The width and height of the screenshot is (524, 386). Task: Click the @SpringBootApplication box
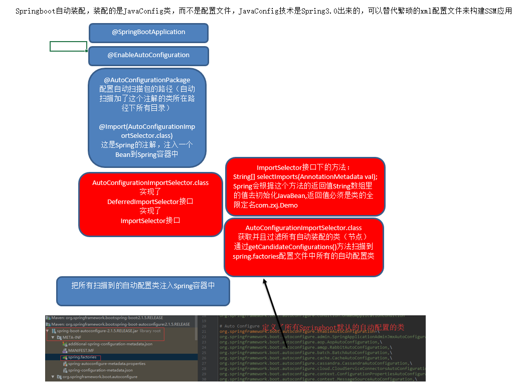[x=148, y=32]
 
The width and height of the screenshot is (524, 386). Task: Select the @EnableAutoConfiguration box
[x=148, y=55]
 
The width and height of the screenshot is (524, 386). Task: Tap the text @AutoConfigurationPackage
[x=147, y=80]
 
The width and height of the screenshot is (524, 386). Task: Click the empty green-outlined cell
[x=68, y=47]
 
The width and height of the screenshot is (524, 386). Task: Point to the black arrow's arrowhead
[x=265, y=282]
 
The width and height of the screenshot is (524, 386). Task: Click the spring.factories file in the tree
[x=81, y=358]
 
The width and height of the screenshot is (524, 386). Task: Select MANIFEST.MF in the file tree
[x=81, y=351]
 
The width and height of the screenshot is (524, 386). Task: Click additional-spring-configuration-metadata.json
[x=110, y=344]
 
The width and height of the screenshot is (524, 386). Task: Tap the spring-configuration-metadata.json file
[x=100, y=370]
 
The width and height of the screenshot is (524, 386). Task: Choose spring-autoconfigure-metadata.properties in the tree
[x=106, y=364]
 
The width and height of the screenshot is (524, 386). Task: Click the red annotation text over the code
[x=333, y=327]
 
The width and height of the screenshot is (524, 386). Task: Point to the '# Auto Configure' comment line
[x=239, y=326]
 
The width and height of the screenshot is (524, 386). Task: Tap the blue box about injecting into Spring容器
[x=143, y=286]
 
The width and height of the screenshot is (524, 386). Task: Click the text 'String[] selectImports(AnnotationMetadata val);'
[x=305, y=177]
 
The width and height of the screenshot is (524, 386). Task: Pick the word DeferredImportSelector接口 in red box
[x=150, y=202]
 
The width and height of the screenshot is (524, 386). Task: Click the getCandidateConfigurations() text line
[x=303, y=247]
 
